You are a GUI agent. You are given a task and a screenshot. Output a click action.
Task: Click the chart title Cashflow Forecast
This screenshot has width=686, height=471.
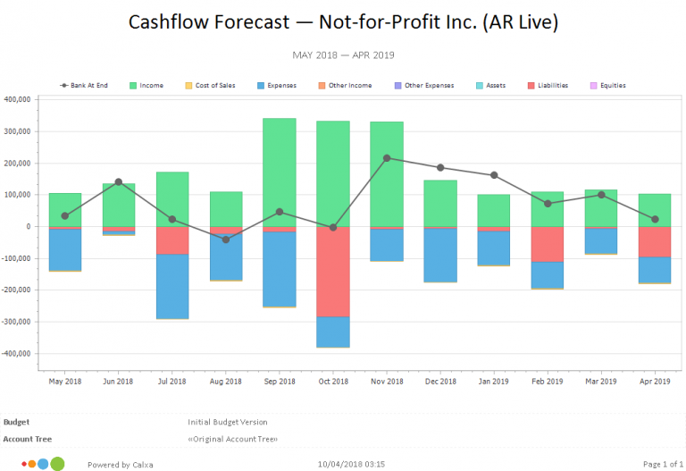coord(343,21)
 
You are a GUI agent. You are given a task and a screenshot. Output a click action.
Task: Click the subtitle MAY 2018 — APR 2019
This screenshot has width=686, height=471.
coord(343,55)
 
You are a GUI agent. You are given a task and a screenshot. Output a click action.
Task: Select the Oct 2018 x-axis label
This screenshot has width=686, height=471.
coord(333,381)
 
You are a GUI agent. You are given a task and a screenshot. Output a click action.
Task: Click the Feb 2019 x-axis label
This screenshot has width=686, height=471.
coord(548,381)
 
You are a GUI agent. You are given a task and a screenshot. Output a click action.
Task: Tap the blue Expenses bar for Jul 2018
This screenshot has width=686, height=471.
coord(172,286)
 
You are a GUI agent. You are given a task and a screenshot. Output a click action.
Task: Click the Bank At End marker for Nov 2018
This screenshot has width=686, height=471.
coord(387,158)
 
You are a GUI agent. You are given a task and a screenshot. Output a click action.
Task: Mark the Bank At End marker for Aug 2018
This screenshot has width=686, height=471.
coord(226,240)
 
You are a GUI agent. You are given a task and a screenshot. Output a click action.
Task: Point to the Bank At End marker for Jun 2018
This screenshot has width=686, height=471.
coord(119,181)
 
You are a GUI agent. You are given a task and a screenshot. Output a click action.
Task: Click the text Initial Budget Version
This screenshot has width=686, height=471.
coord(227,422)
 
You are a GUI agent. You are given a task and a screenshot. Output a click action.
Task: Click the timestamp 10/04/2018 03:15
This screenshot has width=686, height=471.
coord(351,464)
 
